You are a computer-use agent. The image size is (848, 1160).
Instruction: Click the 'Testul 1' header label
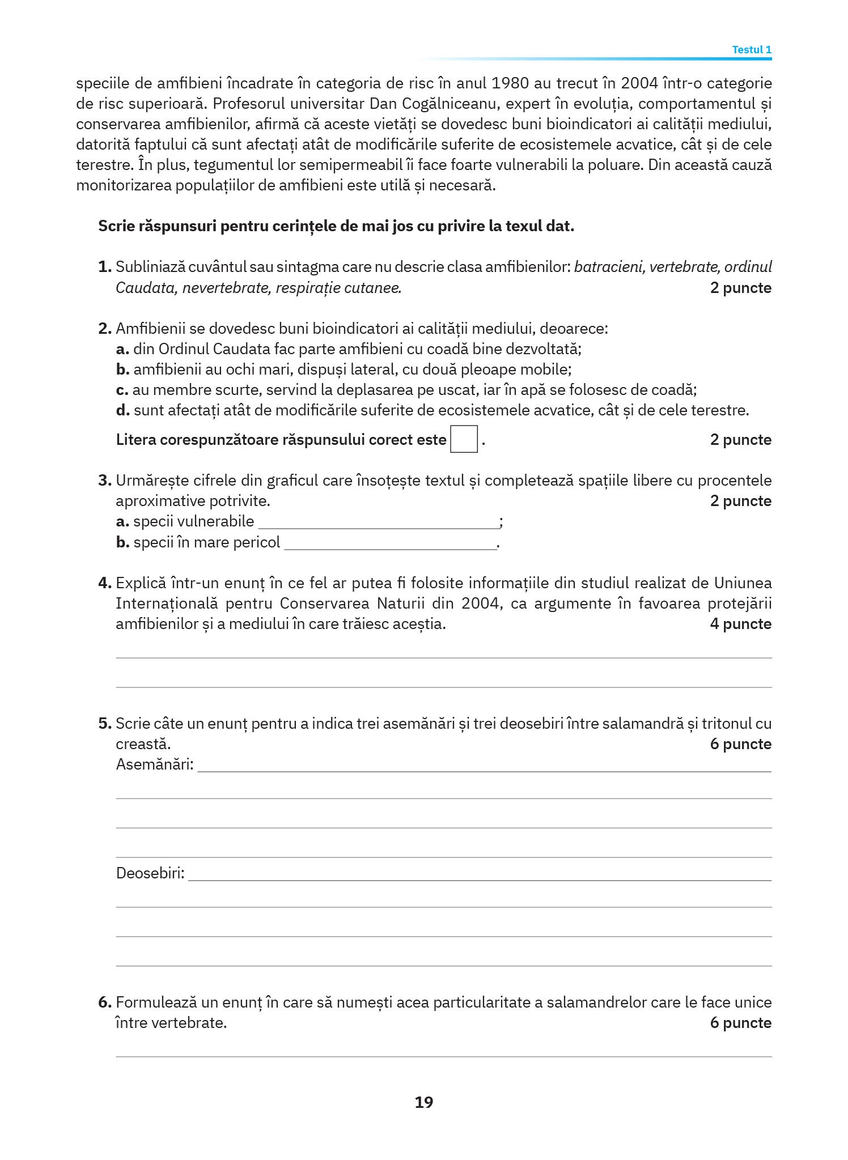(x=751, y=50)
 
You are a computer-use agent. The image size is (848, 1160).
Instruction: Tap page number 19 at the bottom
(x=424, y=1102)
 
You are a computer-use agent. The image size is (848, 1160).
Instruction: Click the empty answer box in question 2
(x=464, y=439)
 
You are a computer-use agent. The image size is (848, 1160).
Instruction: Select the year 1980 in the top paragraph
(x=510, y=83)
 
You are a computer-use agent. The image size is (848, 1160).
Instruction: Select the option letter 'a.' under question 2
(x=123, y=349)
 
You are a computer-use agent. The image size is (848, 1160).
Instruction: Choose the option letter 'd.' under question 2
(x=123, y=410)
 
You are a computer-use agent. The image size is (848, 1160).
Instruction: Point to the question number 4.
(x=105, y=583)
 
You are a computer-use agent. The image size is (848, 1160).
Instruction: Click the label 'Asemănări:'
(x=155, y=764)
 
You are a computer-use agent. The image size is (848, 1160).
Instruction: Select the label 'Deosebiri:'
(x=150, y=873)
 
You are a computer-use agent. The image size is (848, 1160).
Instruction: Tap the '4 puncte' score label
(x=740, y=624)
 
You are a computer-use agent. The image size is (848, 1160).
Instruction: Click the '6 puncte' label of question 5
(x=740, y=744)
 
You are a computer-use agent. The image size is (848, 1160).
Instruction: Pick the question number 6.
(x=105, y=1002)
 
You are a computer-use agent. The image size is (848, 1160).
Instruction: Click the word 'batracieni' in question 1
(x=609, y=267)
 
